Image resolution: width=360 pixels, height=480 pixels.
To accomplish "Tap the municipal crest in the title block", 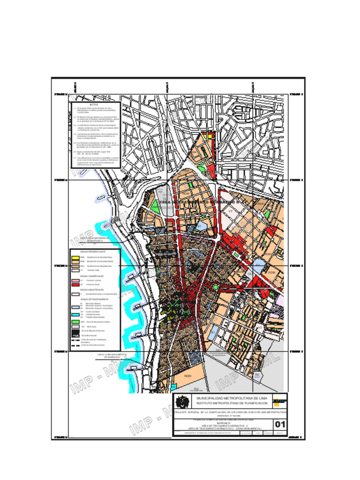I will [x=182, y=402].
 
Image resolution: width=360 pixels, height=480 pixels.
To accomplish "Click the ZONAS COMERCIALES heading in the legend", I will [x=91, y=276].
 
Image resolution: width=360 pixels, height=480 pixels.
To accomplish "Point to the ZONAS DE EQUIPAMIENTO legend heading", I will [x=94, y=299].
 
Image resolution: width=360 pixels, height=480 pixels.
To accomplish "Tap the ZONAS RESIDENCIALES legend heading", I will [x=94, y=252].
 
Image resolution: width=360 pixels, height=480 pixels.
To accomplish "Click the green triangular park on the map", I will [x=154, y=205].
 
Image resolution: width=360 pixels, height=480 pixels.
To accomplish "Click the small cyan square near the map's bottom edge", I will [x=174, y=386].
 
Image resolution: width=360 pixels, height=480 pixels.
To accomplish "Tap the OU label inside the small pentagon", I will [x=256, y=375].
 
